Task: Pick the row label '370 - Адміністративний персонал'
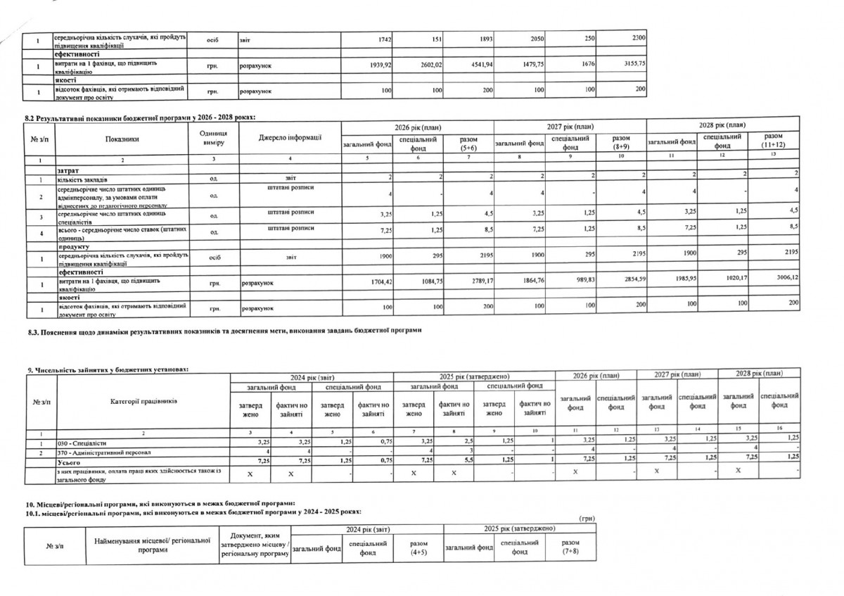(x=101, y=452)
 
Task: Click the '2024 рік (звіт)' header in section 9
(x=312, y=377)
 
